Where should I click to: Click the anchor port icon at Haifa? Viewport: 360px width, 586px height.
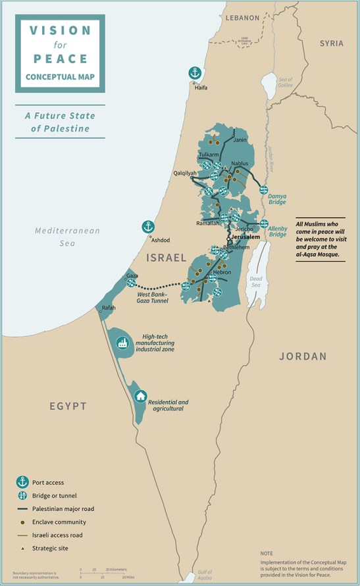[x=195, y=73]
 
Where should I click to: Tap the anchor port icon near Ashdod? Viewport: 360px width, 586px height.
[x=149, y=227]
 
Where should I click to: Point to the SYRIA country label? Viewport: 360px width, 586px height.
[x=331, y=43]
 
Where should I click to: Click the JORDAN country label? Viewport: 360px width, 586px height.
[x=303, y=356]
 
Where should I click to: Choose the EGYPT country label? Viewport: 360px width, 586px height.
[x=68, y=406]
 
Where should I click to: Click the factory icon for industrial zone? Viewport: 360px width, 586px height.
[x=122, y=343]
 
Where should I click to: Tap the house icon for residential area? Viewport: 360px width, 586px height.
[x=140, y=396]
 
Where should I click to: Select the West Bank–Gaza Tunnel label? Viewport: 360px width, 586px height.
[x=153, y=297]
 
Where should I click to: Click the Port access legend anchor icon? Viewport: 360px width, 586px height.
[x=23, y=482]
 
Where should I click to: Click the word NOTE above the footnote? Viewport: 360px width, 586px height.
[x=267, y=554]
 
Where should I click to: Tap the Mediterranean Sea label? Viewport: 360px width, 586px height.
[x=68, y=237]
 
